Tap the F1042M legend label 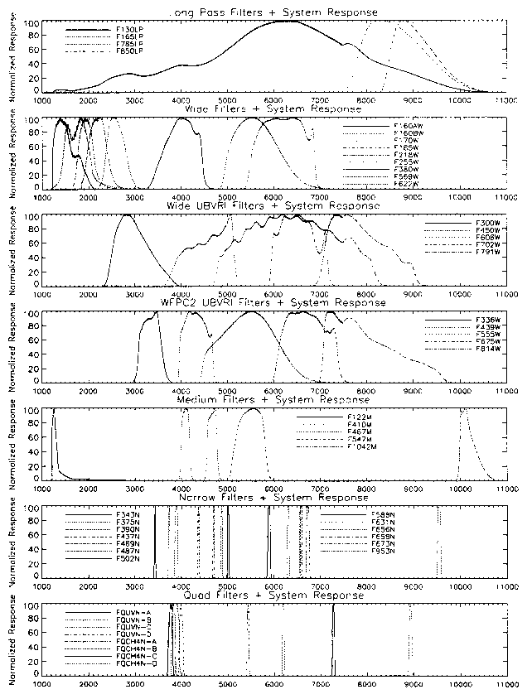tap(361, 446)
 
